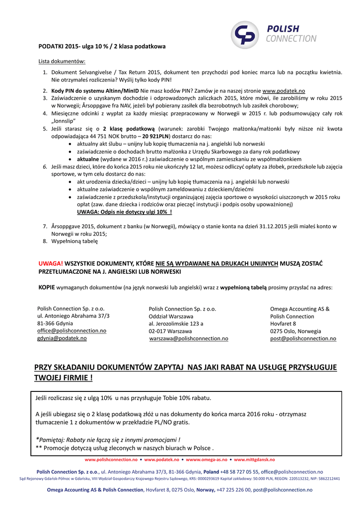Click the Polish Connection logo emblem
(247, 34)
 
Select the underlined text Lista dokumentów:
(62, 62)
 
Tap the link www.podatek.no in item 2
(284, 91)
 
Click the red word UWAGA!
(51, 263)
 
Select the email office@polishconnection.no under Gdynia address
(72, 330)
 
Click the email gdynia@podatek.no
(62, 338)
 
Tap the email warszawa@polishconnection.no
(189, 338)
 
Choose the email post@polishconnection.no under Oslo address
(303, 338)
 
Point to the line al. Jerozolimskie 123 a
(176, 323)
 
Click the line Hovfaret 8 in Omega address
(283, 323)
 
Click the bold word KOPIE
(47, 287)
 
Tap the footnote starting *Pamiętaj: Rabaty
(108, 440)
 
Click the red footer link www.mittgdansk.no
(254, 460)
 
